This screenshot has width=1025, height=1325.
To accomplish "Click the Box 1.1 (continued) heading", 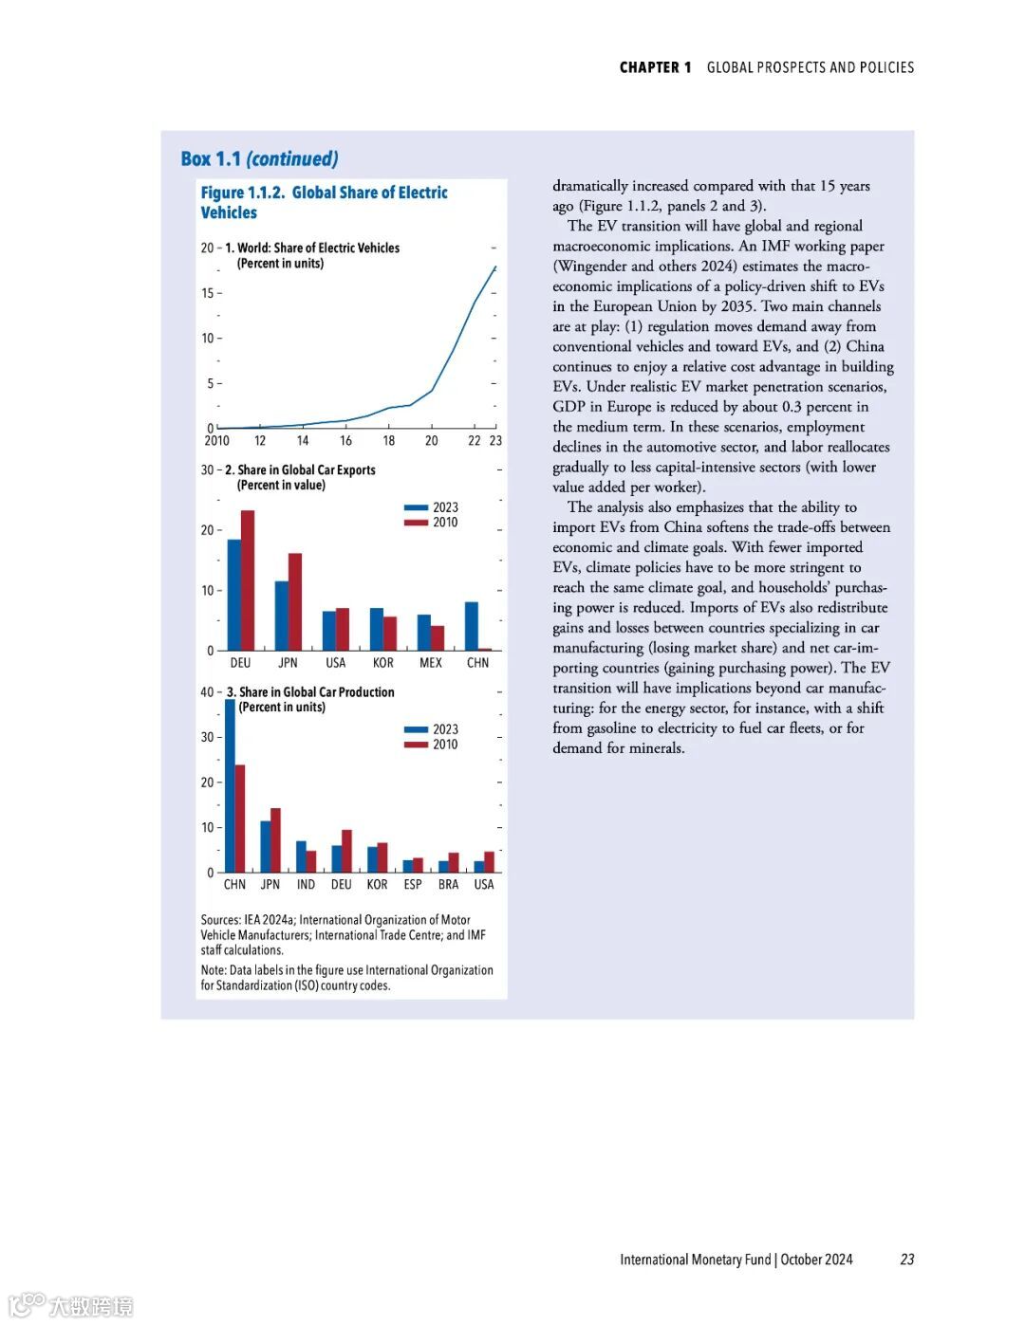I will coord(259,158).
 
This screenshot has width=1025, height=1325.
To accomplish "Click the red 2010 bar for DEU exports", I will coord(248,580).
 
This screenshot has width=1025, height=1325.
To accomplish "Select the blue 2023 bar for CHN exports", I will coord(471,626).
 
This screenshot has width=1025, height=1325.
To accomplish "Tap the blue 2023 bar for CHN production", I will coord(230,785).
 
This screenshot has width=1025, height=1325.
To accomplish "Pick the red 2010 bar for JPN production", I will coord(275,839).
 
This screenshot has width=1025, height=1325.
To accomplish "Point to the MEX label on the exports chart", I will coord(430,663).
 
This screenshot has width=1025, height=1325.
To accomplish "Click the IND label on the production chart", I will coord(306,885).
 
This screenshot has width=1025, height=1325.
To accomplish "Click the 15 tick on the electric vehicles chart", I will coord(207,293).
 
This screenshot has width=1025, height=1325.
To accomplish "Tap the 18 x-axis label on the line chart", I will coord(388,441).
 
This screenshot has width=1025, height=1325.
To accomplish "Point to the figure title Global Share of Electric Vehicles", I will coord(324,202).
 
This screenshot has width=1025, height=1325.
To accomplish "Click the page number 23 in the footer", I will coord(907,1260).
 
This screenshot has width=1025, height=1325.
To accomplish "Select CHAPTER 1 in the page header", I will coord(655,67).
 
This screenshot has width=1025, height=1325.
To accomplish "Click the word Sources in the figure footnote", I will coord(220,920).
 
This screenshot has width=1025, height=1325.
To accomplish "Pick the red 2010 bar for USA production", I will coord(489,861).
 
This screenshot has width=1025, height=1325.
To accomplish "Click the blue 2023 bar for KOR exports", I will coord(377,628).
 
